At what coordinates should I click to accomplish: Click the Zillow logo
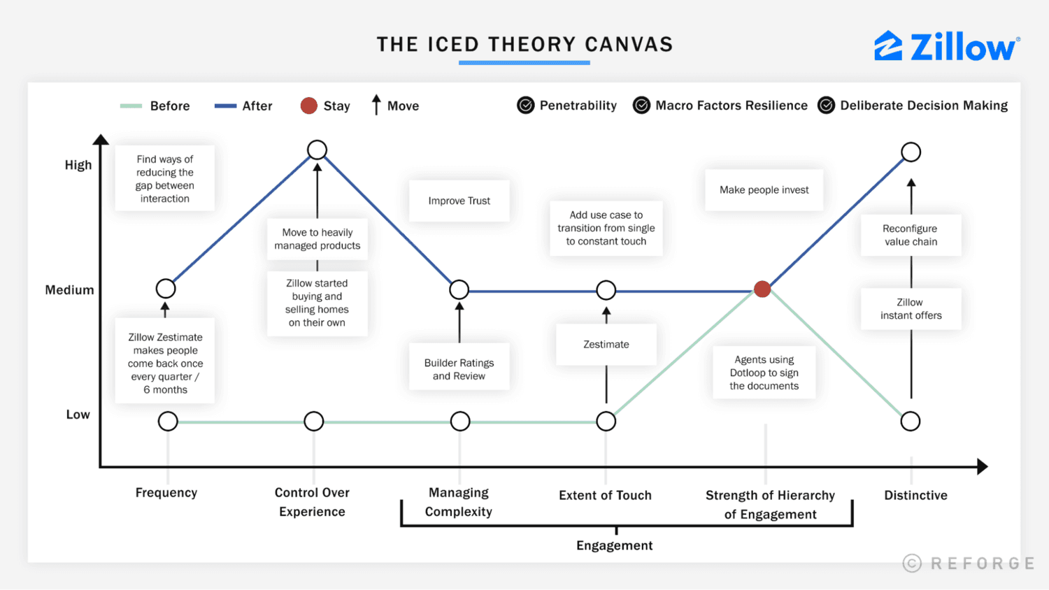(946, 47)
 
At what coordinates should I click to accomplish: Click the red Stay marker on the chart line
(762, 289)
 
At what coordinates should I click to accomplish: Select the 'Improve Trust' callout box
(459, 201)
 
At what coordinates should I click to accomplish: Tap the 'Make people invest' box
(764, 189)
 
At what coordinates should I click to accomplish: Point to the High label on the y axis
(78, 165)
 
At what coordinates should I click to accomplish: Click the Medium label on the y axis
(69, 289)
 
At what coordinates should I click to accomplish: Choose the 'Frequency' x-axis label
(166, 493)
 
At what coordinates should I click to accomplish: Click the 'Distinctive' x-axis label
(915, 496)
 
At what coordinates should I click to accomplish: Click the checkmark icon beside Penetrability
(525, 106)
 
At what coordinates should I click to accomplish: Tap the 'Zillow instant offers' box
(911, 309)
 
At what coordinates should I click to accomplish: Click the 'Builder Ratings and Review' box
(459, 369)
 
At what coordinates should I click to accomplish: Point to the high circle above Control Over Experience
(317, 150)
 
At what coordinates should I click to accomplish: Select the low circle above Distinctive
(910, 422)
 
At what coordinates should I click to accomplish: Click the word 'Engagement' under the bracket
(614, 545)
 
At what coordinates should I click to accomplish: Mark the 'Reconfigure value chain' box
(911, 235)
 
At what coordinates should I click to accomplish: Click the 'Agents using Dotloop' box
(764, 373)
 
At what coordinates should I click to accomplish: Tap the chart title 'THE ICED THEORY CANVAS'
(524, 45)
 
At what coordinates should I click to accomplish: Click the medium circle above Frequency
(166, 289)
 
